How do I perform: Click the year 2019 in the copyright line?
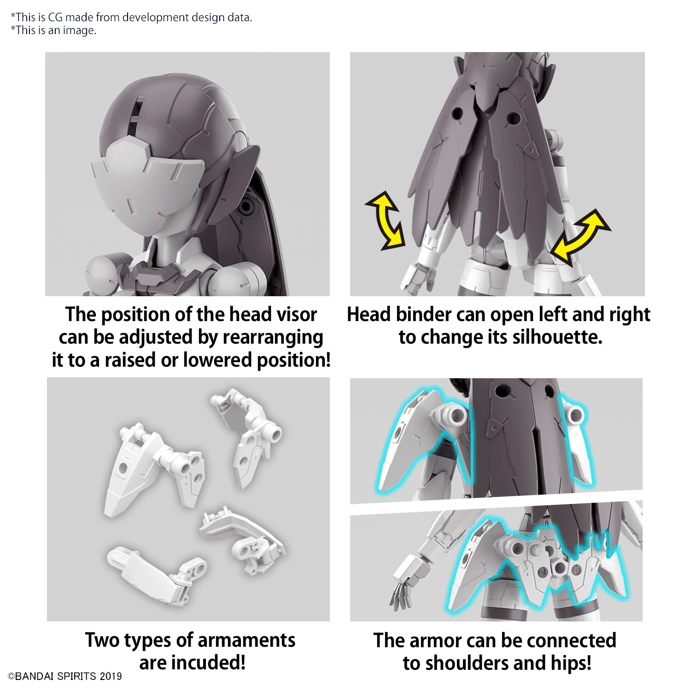(111, 676)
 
